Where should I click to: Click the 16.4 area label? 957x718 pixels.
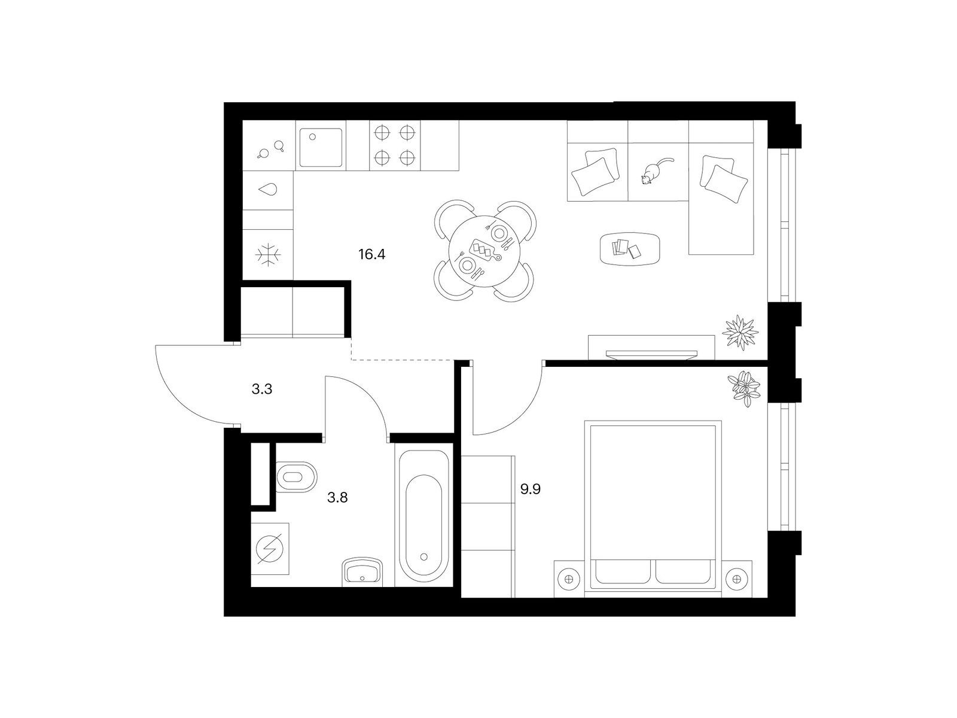click(x=371, y=254)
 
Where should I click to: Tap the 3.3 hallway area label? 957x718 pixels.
click(x=261, y=390)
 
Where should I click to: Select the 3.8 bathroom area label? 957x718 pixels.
click(x=337, y=497)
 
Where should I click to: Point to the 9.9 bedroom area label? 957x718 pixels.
click(x=530, y=489)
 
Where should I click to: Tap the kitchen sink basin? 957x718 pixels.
click(x=321, y=147)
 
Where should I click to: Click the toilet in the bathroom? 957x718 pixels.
click(x=296, y=476)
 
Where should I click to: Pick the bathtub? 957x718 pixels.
click(x=423, y=516)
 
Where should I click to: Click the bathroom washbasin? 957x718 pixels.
click(x=362, y=571)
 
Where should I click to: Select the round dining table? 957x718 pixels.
click(x=484, y=251)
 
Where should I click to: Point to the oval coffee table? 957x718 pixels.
click(x=630, y=248)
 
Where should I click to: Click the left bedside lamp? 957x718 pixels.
click(x=569, y=579)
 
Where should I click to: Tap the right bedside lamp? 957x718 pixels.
click(x=737, y=579)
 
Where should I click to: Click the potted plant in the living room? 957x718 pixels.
click(x=740, y=332)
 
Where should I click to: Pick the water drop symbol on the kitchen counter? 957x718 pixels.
click(x=268, y=190)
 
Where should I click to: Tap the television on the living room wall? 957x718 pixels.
click(x=651, y=354)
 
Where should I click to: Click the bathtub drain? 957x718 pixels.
click(x=423, y=556)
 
